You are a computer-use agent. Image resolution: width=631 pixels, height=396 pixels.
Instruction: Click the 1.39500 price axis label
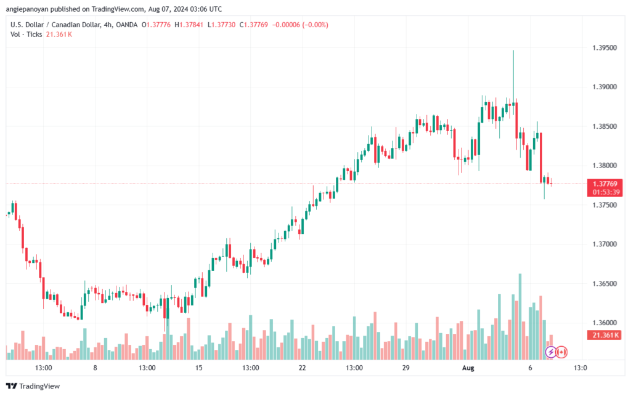point(604,47)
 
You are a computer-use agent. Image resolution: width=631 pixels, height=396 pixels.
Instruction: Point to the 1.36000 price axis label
point(604,323)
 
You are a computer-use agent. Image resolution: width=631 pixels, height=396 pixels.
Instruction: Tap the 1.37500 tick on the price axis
point(604,205)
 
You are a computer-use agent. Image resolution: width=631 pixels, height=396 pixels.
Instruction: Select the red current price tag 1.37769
point(605,184)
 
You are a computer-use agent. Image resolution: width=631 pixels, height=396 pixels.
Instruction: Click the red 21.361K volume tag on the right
point(605,335)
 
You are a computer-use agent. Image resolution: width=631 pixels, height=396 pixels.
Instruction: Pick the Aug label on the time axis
point(468,368)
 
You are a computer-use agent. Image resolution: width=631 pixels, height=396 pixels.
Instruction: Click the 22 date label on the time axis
point(302,368)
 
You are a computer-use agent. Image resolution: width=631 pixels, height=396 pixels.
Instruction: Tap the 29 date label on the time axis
point(405,368)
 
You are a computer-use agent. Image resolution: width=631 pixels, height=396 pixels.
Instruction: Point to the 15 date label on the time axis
point(198,368)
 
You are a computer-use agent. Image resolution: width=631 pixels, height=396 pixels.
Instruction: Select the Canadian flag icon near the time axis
point(561,352)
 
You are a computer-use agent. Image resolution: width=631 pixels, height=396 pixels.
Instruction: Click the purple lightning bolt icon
point(551,352)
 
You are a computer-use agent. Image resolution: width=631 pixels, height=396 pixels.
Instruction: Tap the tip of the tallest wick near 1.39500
point(513,51)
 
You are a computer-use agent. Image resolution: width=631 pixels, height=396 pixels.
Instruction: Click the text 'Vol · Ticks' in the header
point(26,34)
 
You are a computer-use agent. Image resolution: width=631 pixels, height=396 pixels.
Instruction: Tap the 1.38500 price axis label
point(604,126)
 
